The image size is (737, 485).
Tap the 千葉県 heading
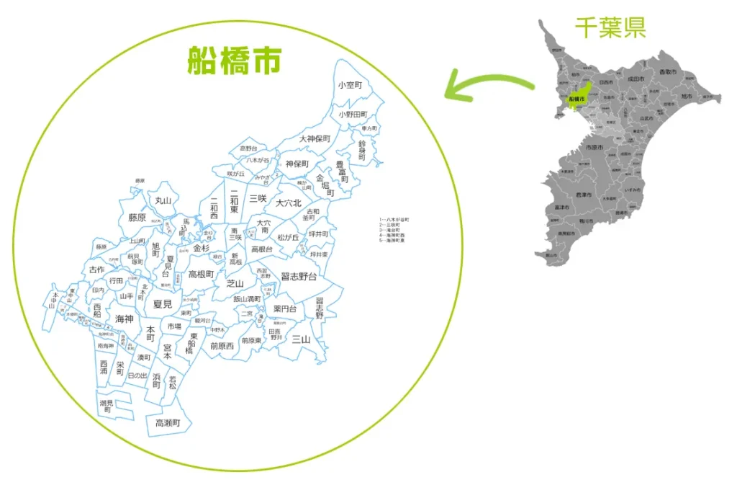[610, 27]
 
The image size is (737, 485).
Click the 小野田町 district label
[353, 114]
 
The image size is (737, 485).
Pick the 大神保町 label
[315, 138]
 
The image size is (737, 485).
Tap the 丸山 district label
[163, 200]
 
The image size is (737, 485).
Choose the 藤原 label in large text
[137, 217]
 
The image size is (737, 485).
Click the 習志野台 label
[299, 276]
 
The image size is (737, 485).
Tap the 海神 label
[124, 319]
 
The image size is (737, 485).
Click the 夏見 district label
[163, 305]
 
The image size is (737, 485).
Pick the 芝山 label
[235, 283]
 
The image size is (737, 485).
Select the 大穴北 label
[289, 203]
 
